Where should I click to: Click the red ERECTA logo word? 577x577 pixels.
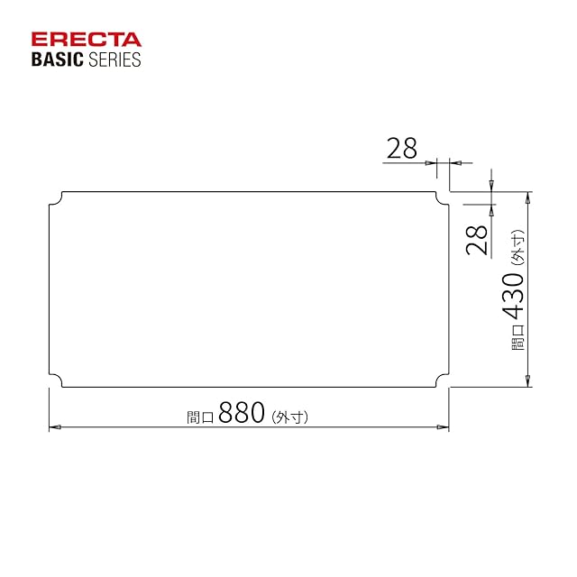(x=87, y=40)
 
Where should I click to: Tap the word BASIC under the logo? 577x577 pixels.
(x=58, y=60)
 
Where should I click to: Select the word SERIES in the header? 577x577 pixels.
(x=114, y=60)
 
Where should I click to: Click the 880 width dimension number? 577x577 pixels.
(x=242, y=412)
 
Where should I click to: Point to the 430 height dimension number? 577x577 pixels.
(x=513, y=297)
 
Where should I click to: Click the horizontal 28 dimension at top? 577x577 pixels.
(x=402, y=148)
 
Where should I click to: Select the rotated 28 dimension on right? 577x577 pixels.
(x=477, y=241)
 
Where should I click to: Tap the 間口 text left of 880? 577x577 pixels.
(x=200, y=417)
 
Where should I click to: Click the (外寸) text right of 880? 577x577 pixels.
(x=289, y=417)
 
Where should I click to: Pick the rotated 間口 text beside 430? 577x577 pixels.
(x=517, y=337)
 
